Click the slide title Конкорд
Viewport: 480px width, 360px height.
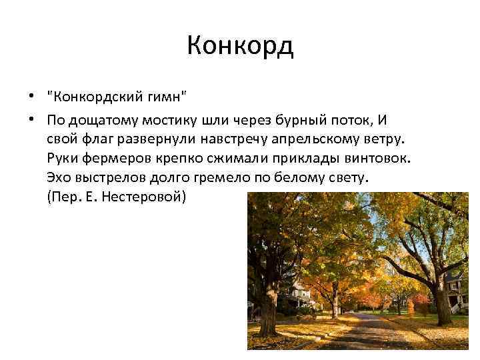point(240,46)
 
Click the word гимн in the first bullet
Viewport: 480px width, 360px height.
point(165,99)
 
